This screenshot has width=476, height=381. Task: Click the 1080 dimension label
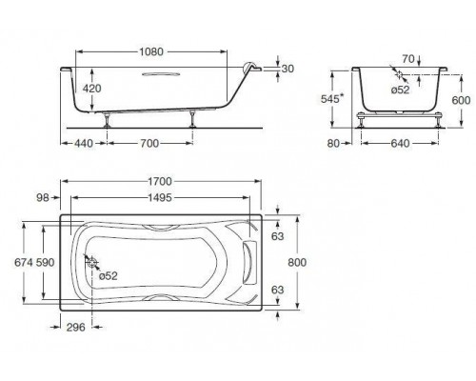pyautogui.click(x=151, y=51)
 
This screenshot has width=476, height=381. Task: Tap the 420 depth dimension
pyautogui.click(x=92, y=89)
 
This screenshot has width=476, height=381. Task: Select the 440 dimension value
pyautogui.click(x=84, y=143)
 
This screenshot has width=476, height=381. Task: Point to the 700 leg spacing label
pyautogui.click(x=149, y=143)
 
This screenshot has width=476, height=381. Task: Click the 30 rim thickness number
pyautogui.click(x=288, y=69)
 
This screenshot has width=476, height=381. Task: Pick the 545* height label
pyautogui.click(x=332, y=99)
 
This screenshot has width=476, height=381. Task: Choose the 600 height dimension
pyautogui.click(x=461, y=100)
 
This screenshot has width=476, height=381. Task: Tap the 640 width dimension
pyautogui.click(x=400, y=144)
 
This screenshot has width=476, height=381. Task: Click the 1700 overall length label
pyautogui.click(x=160, y=181)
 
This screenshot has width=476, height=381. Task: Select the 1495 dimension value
pyautogui.click(x=160, y=198)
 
